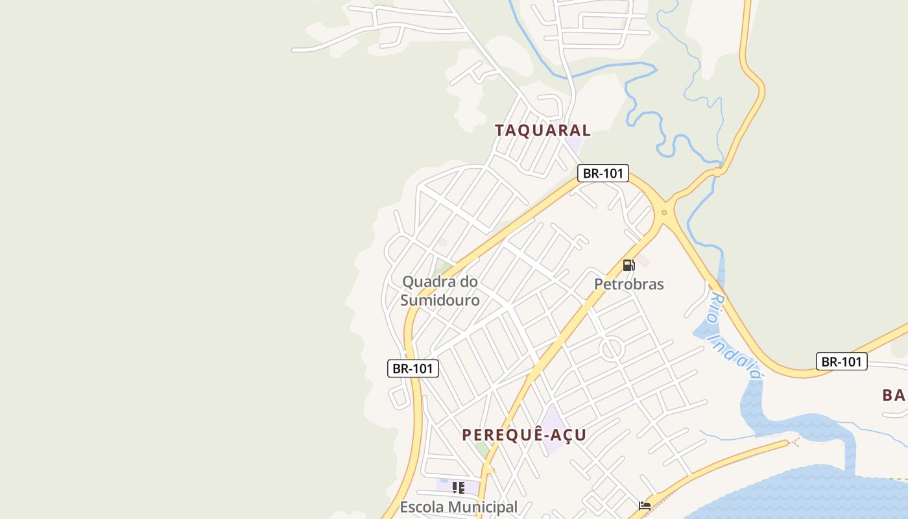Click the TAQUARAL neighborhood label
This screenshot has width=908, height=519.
(x=542, y=130)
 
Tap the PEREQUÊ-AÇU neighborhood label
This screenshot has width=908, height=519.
(x=524, y=435)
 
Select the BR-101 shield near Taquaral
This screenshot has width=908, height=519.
(x=603, y=173)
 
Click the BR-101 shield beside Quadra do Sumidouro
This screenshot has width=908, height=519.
(x=413, y=368)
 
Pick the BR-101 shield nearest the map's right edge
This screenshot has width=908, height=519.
(x=841, y=361)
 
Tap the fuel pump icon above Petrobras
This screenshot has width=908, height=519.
(x=628, y=265)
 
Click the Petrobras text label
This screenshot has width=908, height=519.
(x=628, y=284)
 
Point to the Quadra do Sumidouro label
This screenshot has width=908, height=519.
(x=440, y=291)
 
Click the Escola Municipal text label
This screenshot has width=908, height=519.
(x=459, y=507)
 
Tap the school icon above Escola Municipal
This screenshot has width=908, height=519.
(x=459, y=488)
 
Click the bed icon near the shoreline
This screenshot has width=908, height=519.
(x=645, y=506)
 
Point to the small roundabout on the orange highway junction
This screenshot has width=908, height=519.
(x=663, y=212)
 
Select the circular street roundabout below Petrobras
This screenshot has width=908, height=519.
(x=612, y=349)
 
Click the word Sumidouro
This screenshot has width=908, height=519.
(x=440, y=300)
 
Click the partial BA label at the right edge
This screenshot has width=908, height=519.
(x=894, y=394)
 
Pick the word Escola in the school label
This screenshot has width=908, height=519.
(x=422, y=507)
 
